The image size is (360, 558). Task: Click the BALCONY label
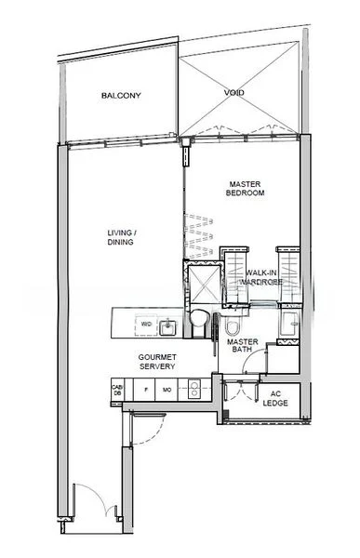[122, 96]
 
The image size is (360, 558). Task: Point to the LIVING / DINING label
[121, 237]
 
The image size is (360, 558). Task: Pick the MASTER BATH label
[243, 347]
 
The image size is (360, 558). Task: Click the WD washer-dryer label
[145, 324]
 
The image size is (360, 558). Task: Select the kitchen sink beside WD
[169, 325]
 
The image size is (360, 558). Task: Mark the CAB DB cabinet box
[118, 392]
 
